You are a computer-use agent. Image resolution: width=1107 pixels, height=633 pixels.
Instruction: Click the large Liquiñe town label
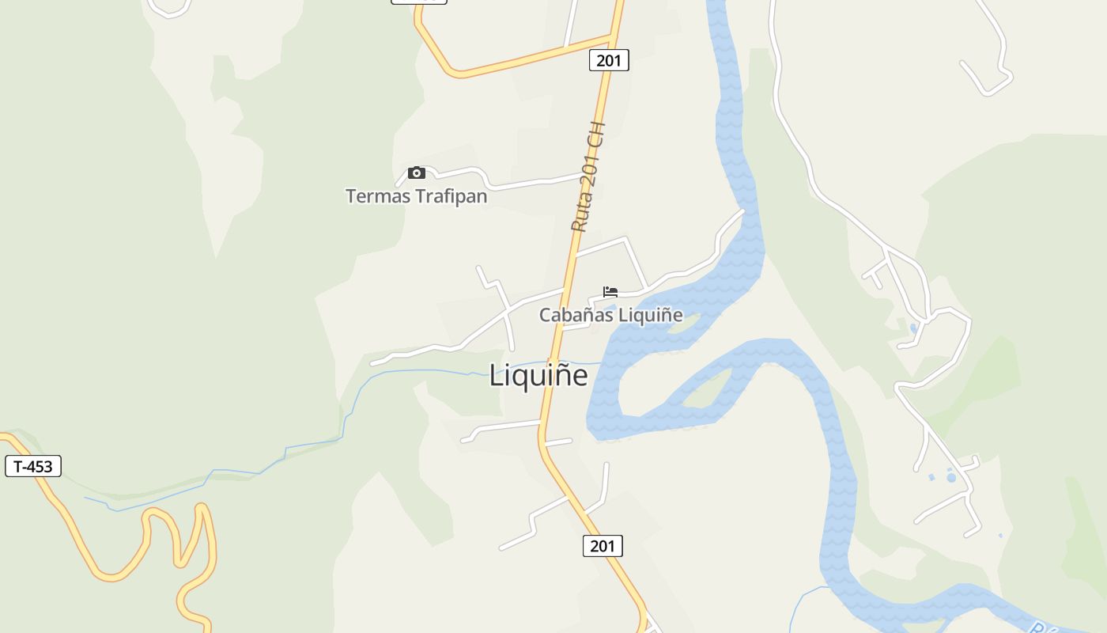click(538, 375)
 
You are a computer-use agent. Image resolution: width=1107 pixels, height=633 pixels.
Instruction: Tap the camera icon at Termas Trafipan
click(417, 173)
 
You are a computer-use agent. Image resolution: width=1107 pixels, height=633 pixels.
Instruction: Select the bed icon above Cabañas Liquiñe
click(610, 292)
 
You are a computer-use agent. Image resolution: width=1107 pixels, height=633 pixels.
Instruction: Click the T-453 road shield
click(33, 466)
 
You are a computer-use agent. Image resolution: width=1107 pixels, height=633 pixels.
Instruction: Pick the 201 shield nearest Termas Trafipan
click(609, 60)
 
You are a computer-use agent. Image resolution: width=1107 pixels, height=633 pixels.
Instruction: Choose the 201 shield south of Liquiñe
click(603, 546)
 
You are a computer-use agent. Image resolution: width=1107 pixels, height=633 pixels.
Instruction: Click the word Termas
click(375, 195)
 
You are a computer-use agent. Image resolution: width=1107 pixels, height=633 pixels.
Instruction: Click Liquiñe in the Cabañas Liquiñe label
click(650, 315)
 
